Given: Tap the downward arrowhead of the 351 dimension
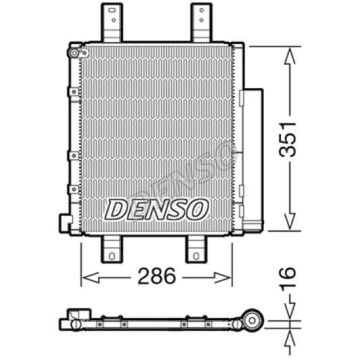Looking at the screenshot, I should coord(289,223).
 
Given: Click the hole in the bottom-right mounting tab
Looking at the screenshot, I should coord(196,256).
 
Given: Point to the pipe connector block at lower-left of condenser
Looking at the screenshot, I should coord(66,223).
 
